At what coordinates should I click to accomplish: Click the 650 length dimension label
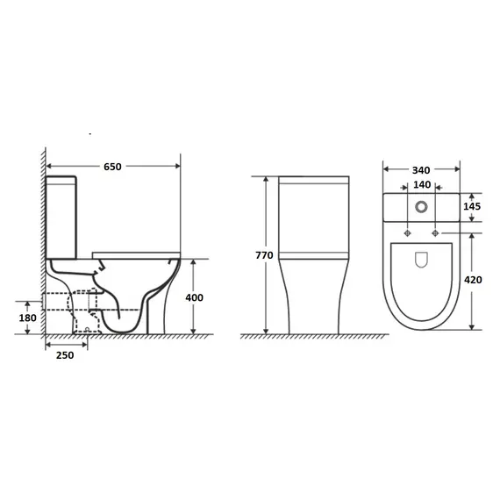tap(112, 167)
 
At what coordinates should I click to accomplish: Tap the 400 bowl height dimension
tap(194, 297)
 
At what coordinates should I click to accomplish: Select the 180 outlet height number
tap(27, 318)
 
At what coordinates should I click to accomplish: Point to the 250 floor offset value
tap(65, 355)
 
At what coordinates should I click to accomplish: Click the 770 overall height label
tap(264, 255)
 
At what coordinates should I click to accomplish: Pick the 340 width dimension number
tap(421, 170)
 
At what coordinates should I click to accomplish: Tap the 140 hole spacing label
tap(422, 184)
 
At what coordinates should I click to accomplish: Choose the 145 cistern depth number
tap(472, 206)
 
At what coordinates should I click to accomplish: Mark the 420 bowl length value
tap(473, 280)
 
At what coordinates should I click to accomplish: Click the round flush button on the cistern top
tap(421, 207)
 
